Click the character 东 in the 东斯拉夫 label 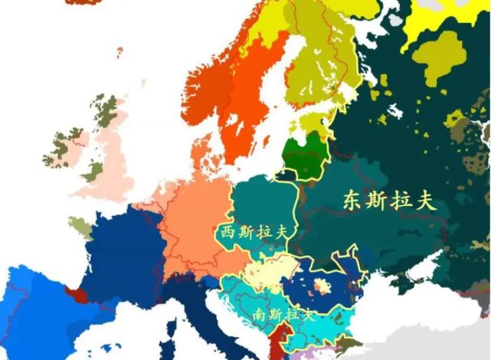[354, 201]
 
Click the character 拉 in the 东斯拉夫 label [401, 201]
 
